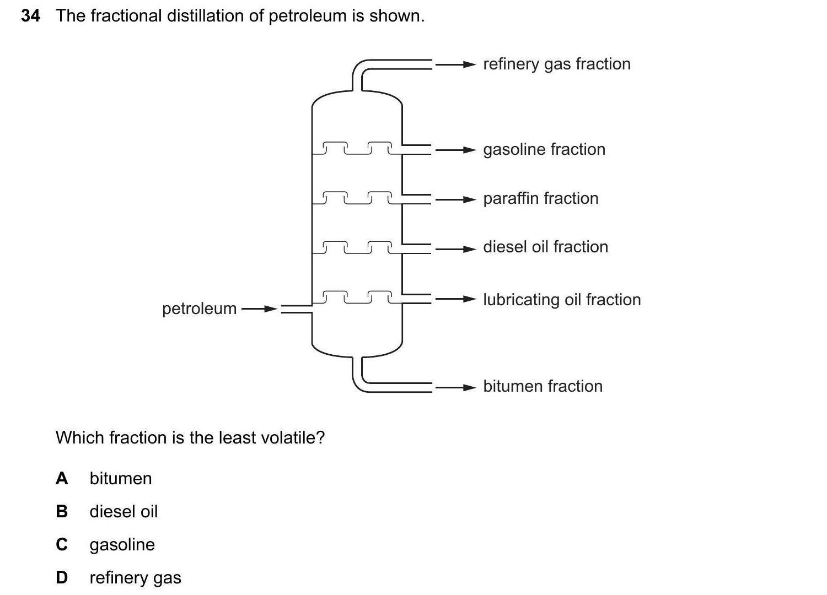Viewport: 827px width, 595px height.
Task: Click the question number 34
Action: [30, 16]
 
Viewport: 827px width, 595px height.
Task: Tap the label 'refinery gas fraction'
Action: [556, 64]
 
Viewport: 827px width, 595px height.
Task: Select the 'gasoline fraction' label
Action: [544, 149]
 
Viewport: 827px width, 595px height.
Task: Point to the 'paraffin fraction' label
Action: [540, 198]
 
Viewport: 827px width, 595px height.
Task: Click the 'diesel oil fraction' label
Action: [545, 247]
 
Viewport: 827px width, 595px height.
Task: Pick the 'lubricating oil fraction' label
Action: [562, 300]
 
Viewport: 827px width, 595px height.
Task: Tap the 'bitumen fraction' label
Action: [543, 386]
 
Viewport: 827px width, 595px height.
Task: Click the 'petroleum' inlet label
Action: [199, 309]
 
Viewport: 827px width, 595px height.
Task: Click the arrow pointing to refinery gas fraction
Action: [455, 64]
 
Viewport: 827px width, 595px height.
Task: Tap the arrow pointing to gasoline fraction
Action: [455, 150]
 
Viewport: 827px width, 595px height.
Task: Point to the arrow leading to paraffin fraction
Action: [455, 199]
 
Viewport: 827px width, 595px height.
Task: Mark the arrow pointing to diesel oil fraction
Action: [455, 249]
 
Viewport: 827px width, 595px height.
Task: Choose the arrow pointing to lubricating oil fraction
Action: [455, 299]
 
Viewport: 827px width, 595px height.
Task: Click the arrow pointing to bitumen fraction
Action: [455, 388]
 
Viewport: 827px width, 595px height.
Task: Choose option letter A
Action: [62, 478]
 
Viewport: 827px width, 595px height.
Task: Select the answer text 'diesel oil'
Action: [123, 511]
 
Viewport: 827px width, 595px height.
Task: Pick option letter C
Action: [62, 544]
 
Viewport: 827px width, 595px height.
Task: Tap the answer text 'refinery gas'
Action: [135, 577]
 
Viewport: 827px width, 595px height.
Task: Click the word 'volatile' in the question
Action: [295, 437]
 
